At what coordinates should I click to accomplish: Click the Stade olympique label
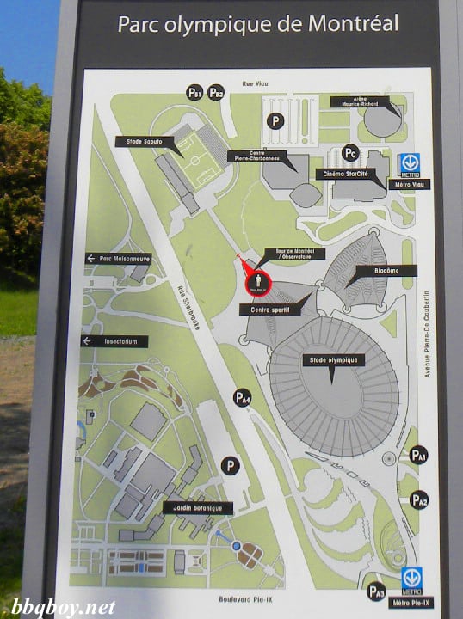334,360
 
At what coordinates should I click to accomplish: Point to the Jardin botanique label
198,508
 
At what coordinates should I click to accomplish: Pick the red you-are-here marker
256,280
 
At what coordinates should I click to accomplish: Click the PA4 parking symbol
244,397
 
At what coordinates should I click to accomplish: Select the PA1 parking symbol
418,455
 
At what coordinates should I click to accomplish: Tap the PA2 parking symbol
419,499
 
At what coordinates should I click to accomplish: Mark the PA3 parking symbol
376,591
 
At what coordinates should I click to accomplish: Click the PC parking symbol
349,152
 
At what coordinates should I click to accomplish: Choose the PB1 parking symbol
194,93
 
